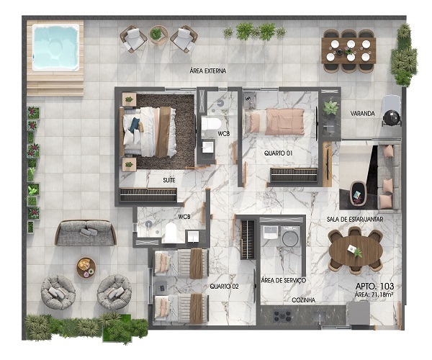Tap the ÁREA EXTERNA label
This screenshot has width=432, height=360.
(x=208, y=71)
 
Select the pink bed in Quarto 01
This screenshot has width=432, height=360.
(x=276, y=122)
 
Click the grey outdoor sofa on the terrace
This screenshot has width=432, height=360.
(x=85, y=233)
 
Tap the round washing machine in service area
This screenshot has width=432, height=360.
(x=289, y=238)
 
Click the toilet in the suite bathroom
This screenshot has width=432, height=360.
(x=211, y=126)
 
